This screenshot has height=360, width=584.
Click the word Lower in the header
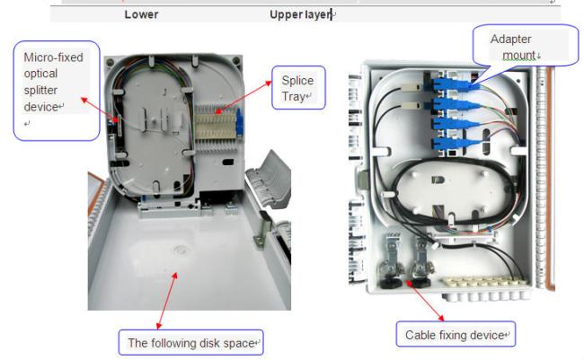(142, 14)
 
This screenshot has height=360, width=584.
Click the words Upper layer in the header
(300, 14)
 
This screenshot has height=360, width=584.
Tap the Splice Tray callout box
(298, 88)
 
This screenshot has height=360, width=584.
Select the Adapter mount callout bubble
(526, 46)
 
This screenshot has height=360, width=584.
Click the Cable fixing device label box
(456, 334)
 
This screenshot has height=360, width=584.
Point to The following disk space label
(191, 343)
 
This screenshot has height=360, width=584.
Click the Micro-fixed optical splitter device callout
(57, 91)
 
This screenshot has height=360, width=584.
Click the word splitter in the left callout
(40, 91)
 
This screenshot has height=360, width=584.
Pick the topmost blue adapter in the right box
(451, 84)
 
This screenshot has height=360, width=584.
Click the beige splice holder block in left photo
(216, 127)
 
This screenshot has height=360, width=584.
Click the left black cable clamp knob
(390, 282)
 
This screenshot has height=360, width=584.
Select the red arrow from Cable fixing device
(425, 301)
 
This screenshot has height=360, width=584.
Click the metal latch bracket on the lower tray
(261, 231)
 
